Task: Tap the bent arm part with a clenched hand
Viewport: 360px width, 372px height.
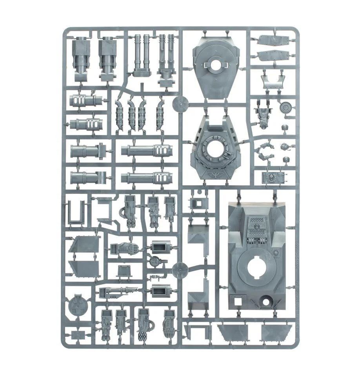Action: pyautogui.click(x=267, y=154)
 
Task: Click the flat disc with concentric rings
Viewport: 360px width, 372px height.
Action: pyautogui.click(x=285, y=107)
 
